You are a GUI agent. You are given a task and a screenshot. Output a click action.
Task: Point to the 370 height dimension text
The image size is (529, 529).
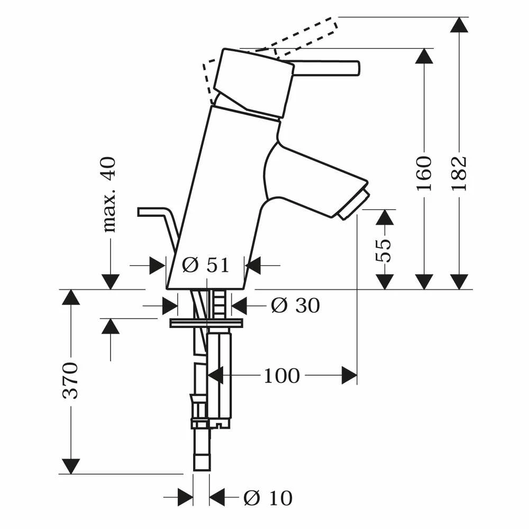(70, 380)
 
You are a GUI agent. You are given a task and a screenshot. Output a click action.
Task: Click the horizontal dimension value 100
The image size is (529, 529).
(281, 376)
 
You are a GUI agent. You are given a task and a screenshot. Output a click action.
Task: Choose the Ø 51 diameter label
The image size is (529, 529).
(206, 265)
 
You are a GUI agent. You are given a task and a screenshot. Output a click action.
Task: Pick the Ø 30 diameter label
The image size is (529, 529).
(296, 305)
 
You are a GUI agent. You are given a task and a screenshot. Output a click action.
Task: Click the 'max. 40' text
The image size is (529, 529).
(110, 195)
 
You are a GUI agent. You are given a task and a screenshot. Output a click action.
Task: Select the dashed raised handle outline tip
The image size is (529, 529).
(332, 22)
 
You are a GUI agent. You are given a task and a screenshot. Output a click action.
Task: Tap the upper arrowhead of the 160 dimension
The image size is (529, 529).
(424, 56)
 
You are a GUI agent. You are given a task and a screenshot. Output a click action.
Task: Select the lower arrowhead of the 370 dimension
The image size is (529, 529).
(70, 466)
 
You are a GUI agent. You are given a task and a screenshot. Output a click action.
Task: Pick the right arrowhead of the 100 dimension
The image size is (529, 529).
(349, 376)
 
